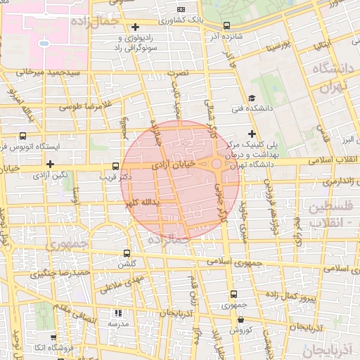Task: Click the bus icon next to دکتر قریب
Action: click(115, 167)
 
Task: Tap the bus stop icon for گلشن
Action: click(127, 253)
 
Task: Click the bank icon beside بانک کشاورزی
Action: click(181, 9)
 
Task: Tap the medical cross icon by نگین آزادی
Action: click(50, 164)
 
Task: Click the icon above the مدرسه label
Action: click(118, 312)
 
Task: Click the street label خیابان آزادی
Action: click(171, 164)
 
